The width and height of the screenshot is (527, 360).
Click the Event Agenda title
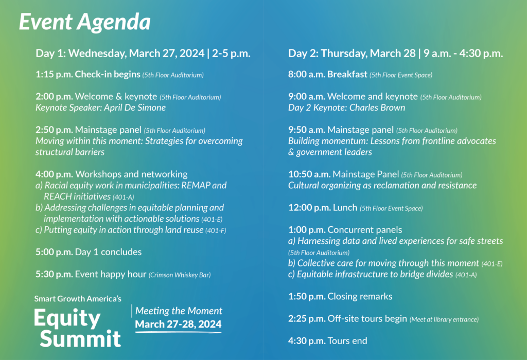pyautogui.click(x=85, y=22)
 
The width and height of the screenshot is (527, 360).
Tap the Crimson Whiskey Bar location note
pyautogui.click(x=180, y=275)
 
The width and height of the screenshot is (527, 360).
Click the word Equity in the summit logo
pyautogui.click(x=67, y=318)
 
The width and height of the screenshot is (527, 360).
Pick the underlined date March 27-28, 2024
pyautogui.click(x=179, y=325)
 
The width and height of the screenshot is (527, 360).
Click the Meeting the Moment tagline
pyautogui.click(x=179, y=311)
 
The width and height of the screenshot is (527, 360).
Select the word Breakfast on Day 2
pyautogui.click(x=347, y=75)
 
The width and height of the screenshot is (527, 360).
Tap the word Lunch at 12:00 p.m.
pyautogui.click(x=345, y=208)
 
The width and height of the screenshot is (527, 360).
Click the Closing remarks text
pyautogui.click(x=360, y=296)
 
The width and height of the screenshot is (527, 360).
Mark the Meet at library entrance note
pyautogui.click(x=444, y=319)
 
